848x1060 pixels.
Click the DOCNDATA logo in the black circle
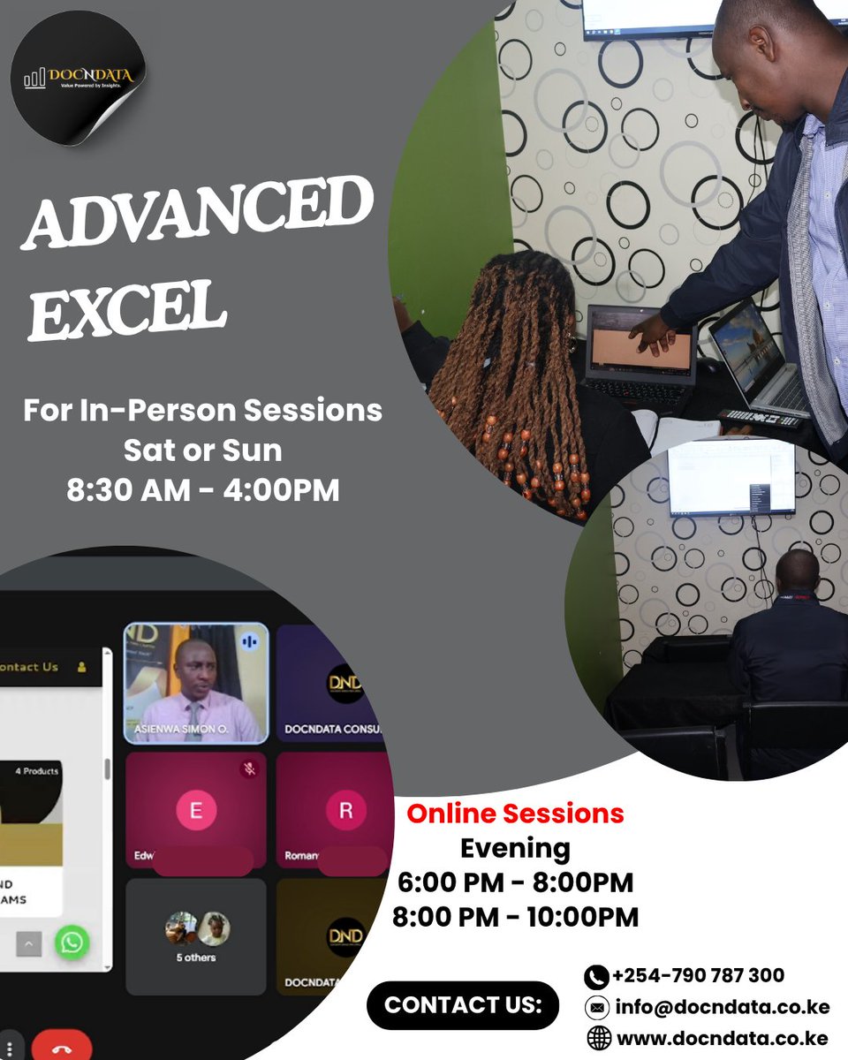coord(79,78)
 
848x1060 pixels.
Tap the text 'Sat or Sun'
coord(202,450)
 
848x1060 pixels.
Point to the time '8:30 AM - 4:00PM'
coord(202,490)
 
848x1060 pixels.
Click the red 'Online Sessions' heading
coord(515,814)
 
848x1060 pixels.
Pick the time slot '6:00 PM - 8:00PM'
coord(515,882)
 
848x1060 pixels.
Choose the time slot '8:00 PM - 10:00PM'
coord(515,917)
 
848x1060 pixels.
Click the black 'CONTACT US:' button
coord(462,1005)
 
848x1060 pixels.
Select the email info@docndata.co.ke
coord(721,1007)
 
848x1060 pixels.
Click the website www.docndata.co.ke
coord(722,1039)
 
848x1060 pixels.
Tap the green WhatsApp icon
coord(72,943)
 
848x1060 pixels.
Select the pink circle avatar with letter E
coord(195,811)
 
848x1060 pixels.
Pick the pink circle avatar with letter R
coord(345,811)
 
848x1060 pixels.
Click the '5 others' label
coord(195,958)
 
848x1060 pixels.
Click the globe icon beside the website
coord(599,1040)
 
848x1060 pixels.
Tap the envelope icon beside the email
coord(598,1008)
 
